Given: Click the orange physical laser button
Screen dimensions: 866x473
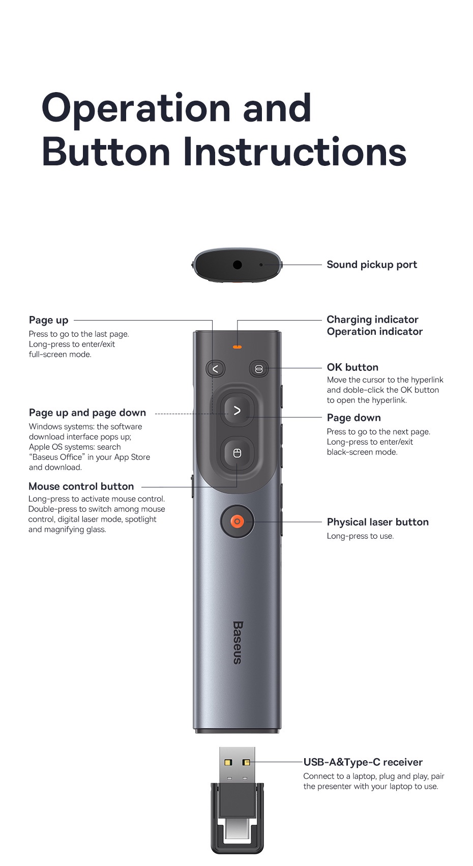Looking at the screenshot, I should (x=237, y=522).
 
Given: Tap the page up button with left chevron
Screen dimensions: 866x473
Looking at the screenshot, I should (x=215, y=368).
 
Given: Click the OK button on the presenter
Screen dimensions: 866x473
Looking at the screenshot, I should (x=258, y=369).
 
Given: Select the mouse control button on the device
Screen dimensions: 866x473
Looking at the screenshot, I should (x=237, y=453).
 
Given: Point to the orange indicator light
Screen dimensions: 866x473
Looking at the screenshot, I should (x=237, y=347).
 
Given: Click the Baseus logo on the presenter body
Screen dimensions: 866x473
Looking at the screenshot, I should (x=238, y=642).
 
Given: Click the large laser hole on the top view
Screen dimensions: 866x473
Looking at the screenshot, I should (x=237, y=265).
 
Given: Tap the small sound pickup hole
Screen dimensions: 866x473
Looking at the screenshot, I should (x=261, y=265).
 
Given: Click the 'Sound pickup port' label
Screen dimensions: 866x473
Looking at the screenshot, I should (x=371, y=265).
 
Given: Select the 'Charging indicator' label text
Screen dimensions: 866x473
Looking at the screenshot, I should (x=372, y=320).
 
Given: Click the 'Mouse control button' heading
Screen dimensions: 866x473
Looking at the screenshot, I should (x=81, y=486).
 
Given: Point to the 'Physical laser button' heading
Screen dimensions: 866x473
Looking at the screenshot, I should (x=377, y=522).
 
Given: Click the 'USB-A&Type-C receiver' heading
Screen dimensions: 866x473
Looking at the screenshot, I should (x=363, y=762).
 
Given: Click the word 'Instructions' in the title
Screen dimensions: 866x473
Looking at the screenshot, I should (x=294, y=152).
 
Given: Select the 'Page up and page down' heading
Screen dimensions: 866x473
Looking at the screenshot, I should (x=87, y=413).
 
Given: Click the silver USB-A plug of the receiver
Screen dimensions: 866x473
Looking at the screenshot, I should (x=237, y=766).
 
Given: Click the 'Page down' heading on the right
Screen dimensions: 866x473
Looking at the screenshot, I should (x=353, y=418).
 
